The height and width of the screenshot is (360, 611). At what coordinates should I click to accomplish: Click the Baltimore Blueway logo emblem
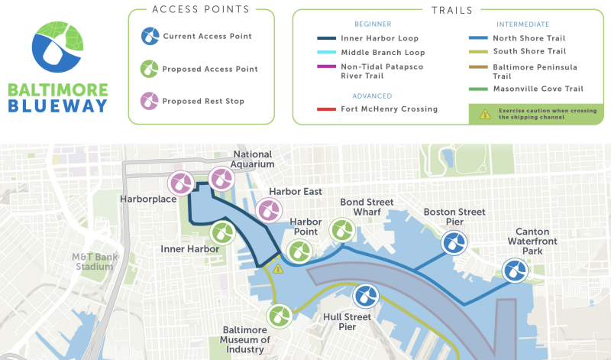pyautogui.click(x=57, y=47)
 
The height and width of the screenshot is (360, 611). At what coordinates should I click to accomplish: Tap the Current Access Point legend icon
pyautogui.click(x=150, y=36)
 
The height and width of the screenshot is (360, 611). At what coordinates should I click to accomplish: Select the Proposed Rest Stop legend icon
pyautogui.click(x=150, y=101)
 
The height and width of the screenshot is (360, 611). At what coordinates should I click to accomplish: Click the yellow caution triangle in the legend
pyautogui.click(x=484, y=114)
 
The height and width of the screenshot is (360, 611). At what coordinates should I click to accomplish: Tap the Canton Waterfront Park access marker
pyautogui.click(x=513, y=270)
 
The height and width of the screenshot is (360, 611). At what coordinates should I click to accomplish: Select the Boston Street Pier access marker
pyautogui.click(x=454, y=243)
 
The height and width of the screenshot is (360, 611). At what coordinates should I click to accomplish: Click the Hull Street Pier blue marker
pyautogui.click(x=364, y=296)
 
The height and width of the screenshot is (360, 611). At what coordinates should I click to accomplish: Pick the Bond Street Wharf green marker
pyautogui.click(x=341, y=229)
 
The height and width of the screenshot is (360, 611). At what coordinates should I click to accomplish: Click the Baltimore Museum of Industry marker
pyautogui.click(x=280, y=316)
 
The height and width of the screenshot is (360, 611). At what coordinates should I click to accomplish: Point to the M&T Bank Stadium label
pyautogui.click(x=95, y=261)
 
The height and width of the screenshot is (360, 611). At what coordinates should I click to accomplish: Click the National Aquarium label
pyautogui.click(x=254, y=159)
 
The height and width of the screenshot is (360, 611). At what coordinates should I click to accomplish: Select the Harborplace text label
pyautogui.click(x=148, y=199)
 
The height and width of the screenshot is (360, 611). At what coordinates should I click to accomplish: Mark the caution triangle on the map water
pyautogui.click(x=278, y=268)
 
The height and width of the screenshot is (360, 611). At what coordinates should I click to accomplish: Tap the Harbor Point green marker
pyautogui.click(x=299, y=250)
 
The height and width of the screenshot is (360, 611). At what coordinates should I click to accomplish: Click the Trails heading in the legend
pyautogui.click(x=451, y=11)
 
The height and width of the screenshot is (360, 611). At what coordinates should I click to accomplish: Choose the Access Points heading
pyautogui.click(x=201, y=10)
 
